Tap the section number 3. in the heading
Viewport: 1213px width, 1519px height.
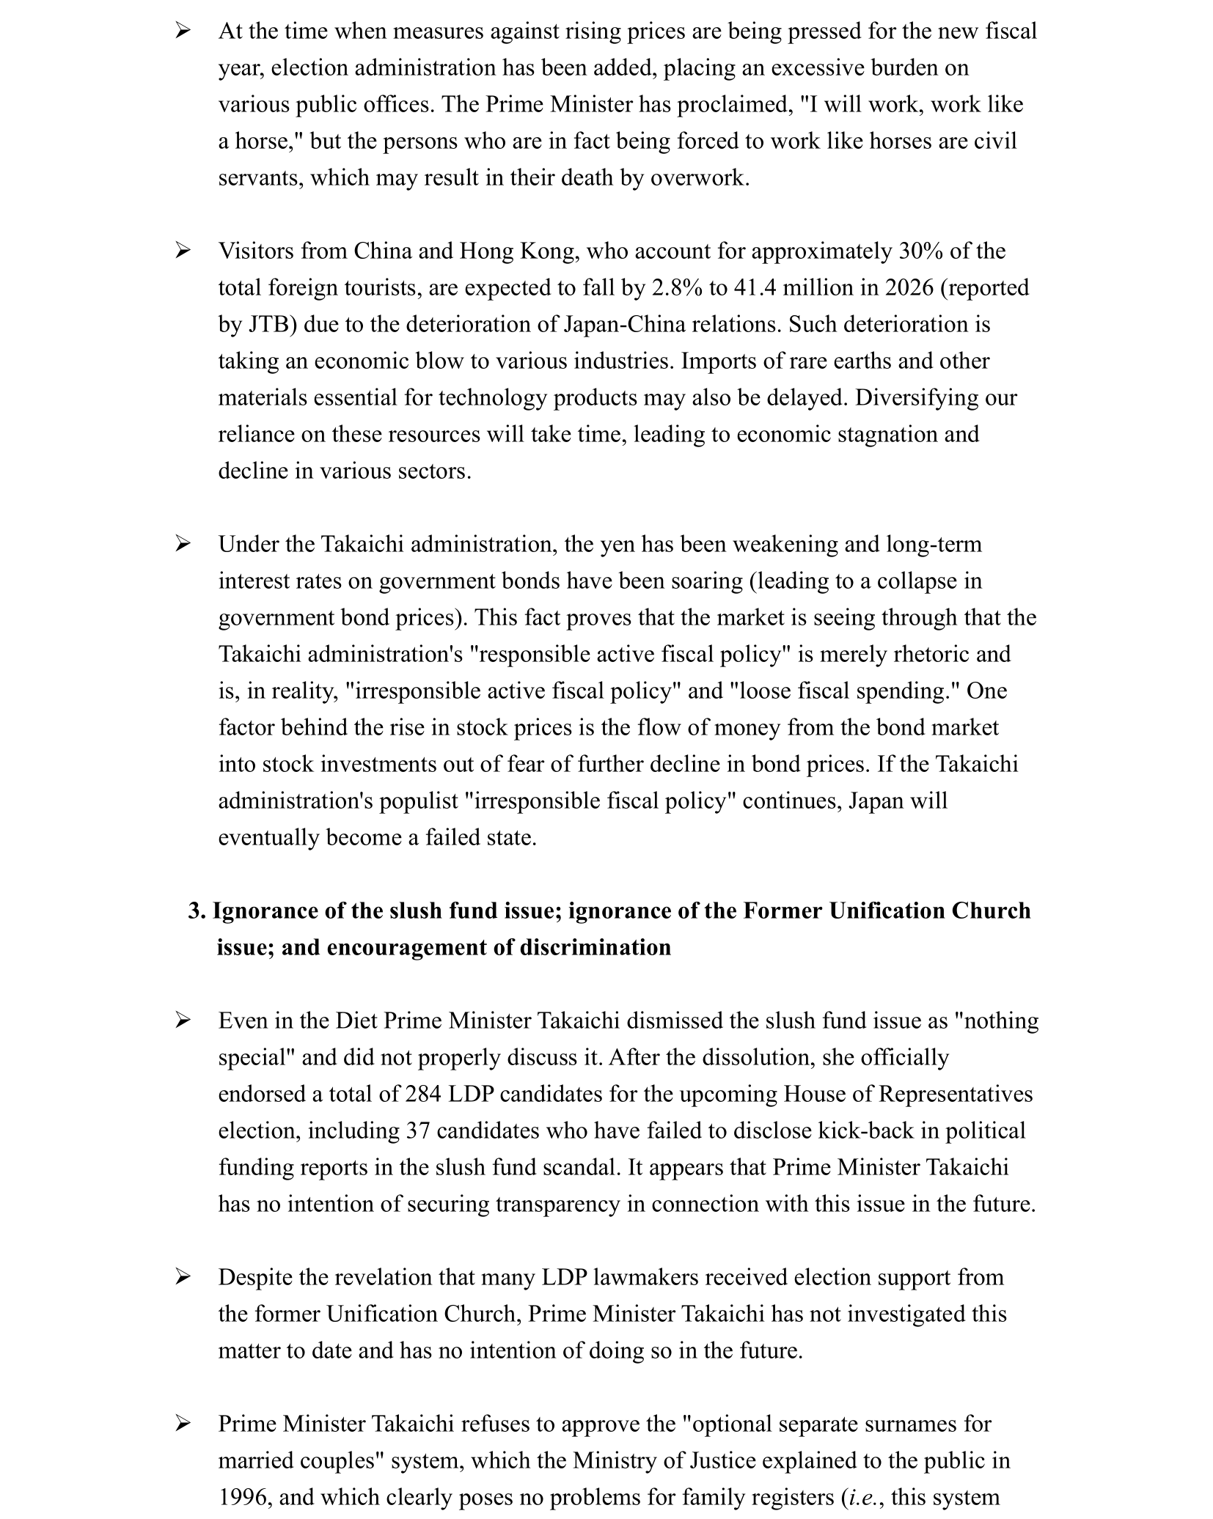(x=197, y=911)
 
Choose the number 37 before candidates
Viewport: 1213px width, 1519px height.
(x=418, y=1131)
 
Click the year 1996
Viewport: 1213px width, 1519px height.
(x=245, y=1498)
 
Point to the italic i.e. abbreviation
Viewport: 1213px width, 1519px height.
(x=865, y=1498)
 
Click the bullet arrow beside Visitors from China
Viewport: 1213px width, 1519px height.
(x=183, y=251)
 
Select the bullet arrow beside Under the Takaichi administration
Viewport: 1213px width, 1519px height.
(x=183, y=545)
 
